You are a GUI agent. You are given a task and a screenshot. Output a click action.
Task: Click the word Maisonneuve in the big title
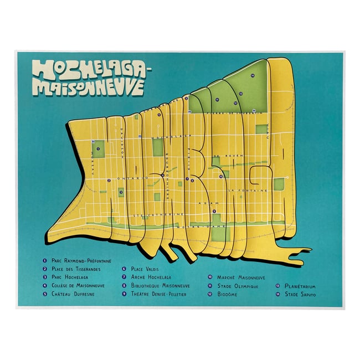tap(89, 87)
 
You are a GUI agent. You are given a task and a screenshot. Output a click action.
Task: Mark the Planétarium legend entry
tap(300, 286)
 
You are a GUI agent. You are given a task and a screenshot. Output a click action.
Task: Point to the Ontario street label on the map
tap(133, 178)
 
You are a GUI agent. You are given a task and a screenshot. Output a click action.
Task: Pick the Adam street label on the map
tap(208, 203)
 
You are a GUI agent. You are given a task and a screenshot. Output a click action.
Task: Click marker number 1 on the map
tap(98, 149)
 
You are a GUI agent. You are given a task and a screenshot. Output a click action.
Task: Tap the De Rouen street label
tap(227, 155)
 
